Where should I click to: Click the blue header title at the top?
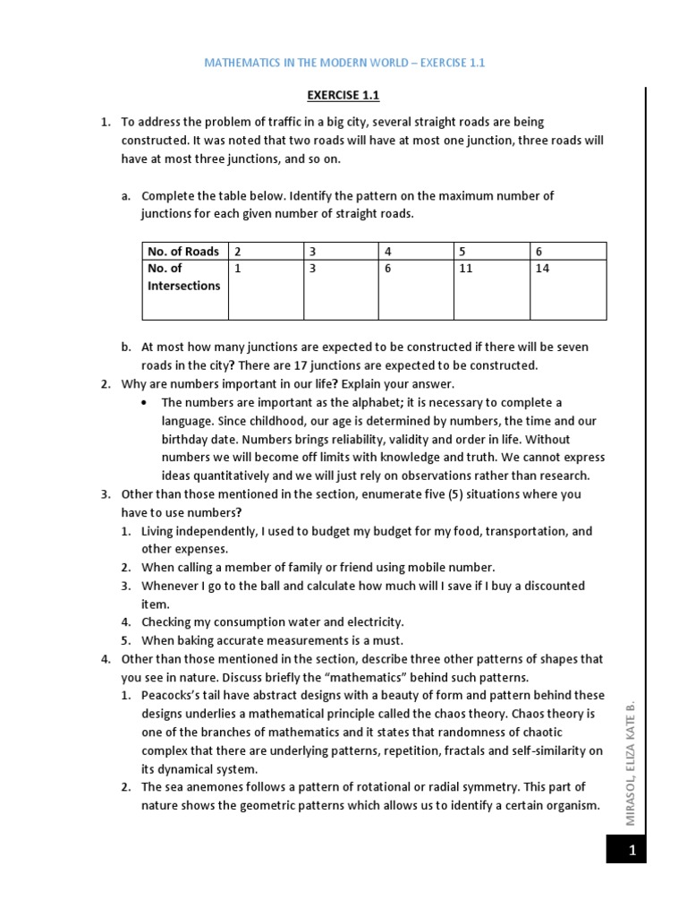[345, 64]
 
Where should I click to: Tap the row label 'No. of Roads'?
[183, 252]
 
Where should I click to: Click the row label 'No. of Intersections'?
[183, 277]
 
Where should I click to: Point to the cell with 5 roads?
[491, 252]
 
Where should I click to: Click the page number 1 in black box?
[632, 851]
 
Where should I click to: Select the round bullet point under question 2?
[145, 403]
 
